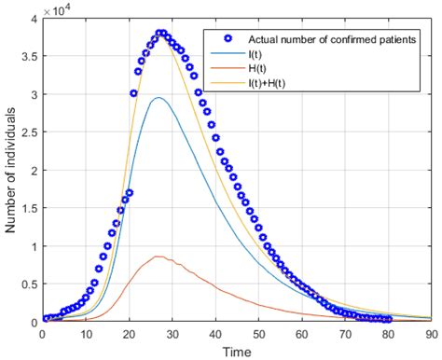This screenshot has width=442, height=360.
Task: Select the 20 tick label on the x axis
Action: pyautogui.click(x=128, y=333)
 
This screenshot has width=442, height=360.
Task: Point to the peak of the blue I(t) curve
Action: pyautogui.click(x=159, y=98)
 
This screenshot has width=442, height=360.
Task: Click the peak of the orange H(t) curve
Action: pyautogui.click(x=159, y=256)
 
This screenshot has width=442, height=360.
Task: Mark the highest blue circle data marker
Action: pyautogui.click(x=160, y=34)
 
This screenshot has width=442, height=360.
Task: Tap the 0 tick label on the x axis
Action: pyautogui.click(x=42, y=333)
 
